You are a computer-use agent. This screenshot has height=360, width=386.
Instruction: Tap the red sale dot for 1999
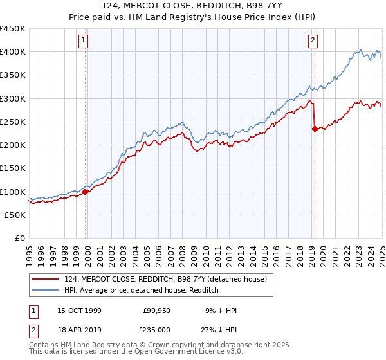[86, 192]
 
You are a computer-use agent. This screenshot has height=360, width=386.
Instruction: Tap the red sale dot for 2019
[315, 129]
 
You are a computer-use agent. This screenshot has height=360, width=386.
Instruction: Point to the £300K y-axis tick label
[13, 98]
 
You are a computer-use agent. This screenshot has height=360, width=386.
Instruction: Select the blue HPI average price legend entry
[142, 290]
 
